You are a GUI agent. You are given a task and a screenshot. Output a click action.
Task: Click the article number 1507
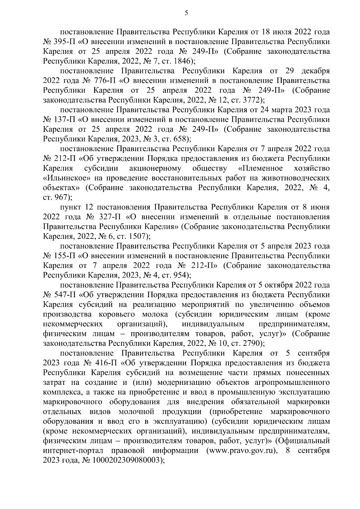tap(135, 236)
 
